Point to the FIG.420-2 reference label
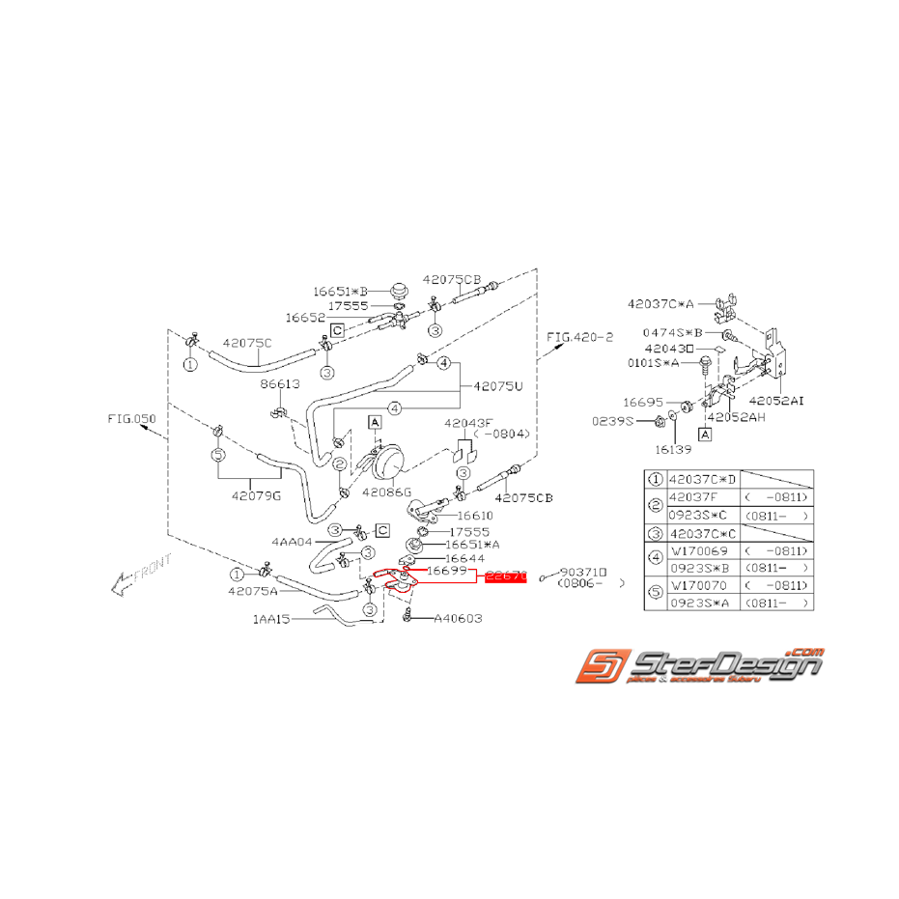[579, 337]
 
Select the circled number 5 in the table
[654, 594]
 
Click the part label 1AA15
[272, 621]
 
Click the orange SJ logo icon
[600, 668]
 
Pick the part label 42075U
[497, 386]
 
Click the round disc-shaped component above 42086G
[391, 458]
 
